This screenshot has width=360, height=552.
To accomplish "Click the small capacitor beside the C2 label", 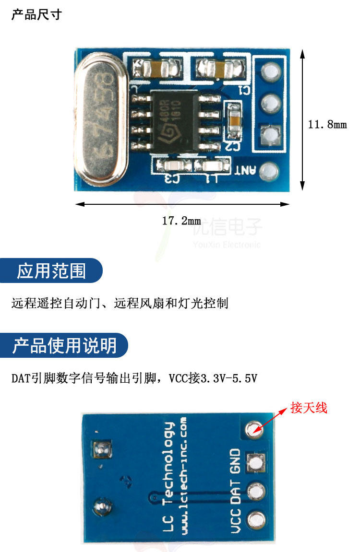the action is pyautogui.click(x=234, y=118).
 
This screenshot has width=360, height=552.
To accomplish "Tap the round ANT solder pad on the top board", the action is pyautogui.click(x=270, y=171).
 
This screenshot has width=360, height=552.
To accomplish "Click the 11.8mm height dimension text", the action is pyautogui.click(x=327, y=125).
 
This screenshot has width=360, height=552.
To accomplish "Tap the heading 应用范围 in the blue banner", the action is pyautogui.click(x=51, y=271).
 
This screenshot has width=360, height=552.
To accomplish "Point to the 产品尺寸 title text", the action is pyautogui.click(x=36, y=14).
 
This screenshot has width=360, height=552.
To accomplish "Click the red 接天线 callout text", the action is pyautogui.click(x=309, y=408).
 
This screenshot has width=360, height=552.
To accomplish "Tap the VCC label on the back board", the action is pyautogui.click(x=236, y=522).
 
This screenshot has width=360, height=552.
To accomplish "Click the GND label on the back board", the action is pyautogui.click(x=235, y=461).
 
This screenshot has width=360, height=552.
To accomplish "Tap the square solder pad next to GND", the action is pyautogui.click(x=255, y=462).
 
